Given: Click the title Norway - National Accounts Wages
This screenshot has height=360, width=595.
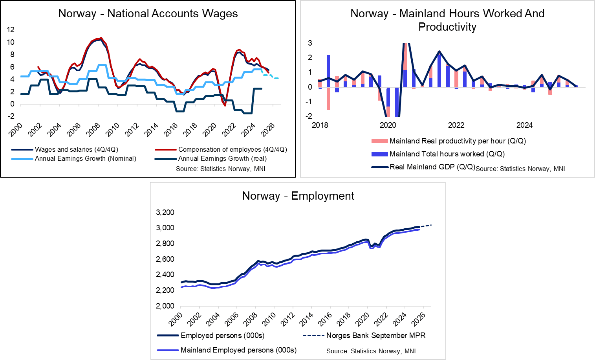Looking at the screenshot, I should click(148, 14).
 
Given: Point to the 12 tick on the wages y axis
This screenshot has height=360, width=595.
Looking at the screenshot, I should click(11, 29).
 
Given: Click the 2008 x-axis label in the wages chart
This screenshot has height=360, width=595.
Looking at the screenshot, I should click(93, 130).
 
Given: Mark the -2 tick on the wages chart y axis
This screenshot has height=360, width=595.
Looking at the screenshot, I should click(11, 116).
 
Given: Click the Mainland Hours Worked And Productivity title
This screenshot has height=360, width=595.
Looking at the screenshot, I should click(447, 20).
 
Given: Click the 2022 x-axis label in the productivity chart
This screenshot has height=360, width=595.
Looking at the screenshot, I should click(456, 125).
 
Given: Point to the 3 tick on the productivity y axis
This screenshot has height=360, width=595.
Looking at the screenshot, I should click(310, 43).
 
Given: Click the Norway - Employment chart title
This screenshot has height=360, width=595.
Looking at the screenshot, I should click(298, 196).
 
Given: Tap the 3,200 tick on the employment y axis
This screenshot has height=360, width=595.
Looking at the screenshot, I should click(165, 212).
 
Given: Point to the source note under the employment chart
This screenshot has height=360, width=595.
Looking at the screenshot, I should click(371, 351).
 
